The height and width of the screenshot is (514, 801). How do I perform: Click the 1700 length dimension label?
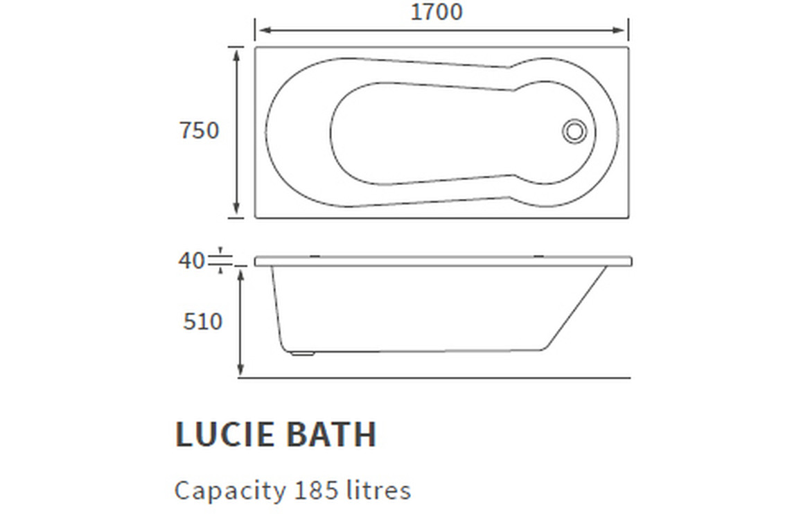coord(437,12)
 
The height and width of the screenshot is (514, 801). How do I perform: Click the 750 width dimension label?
coord(200,130)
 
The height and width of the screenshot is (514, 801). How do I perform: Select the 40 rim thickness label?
coord(191,260)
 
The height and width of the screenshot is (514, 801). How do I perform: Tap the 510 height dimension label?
coord(203,321)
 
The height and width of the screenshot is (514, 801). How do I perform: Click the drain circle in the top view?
coord(574,131)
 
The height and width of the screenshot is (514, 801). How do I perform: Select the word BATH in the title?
coord(331,434)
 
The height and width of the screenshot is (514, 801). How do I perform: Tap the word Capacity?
coord(230,491)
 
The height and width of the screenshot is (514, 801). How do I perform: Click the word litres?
coord(378,490)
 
